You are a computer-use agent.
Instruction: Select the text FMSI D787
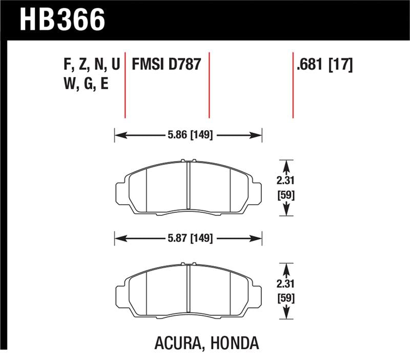(x=166, y=65)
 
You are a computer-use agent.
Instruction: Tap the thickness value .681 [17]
(x=324, y=65)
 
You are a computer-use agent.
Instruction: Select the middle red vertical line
(x=209, y=85)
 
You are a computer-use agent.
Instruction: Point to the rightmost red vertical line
(x=293, y=85)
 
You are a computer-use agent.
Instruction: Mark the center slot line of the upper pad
(x=189, y=187)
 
